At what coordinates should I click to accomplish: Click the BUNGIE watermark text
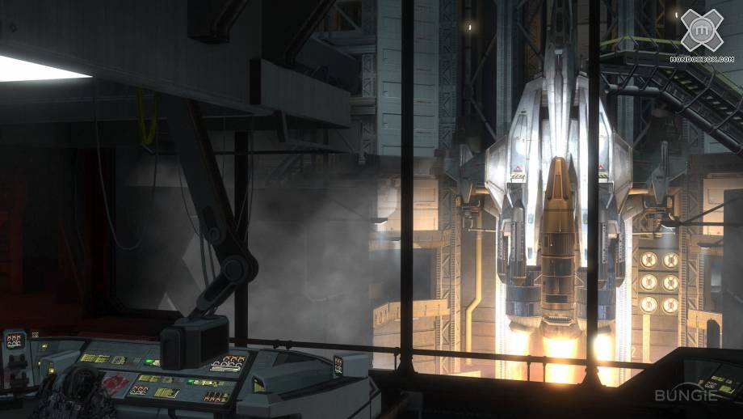686,396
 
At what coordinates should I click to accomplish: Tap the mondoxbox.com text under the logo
703,59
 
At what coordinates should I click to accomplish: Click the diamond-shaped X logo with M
702,30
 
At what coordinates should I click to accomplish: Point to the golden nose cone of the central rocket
559,180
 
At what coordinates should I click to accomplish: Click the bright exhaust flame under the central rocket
560,357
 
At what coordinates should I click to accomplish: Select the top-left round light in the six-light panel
649,260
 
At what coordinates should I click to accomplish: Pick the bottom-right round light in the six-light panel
670,306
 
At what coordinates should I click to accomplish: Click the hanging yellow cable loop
147,119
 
